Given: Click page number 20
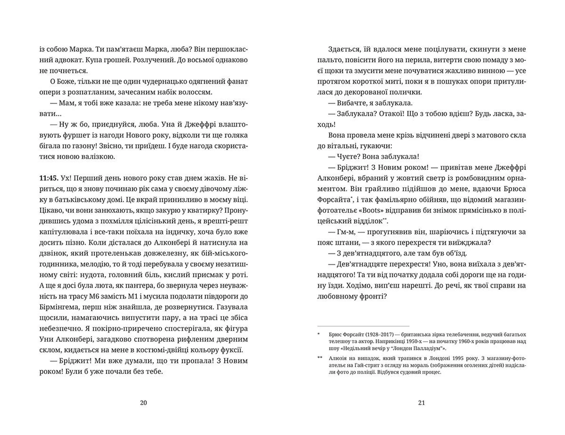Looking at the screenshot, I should tap(143, 403).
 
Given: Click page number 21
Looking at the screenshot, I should tap(421, 403).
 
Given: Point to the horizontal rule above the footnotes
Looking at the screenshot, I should tap(363, 326).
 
